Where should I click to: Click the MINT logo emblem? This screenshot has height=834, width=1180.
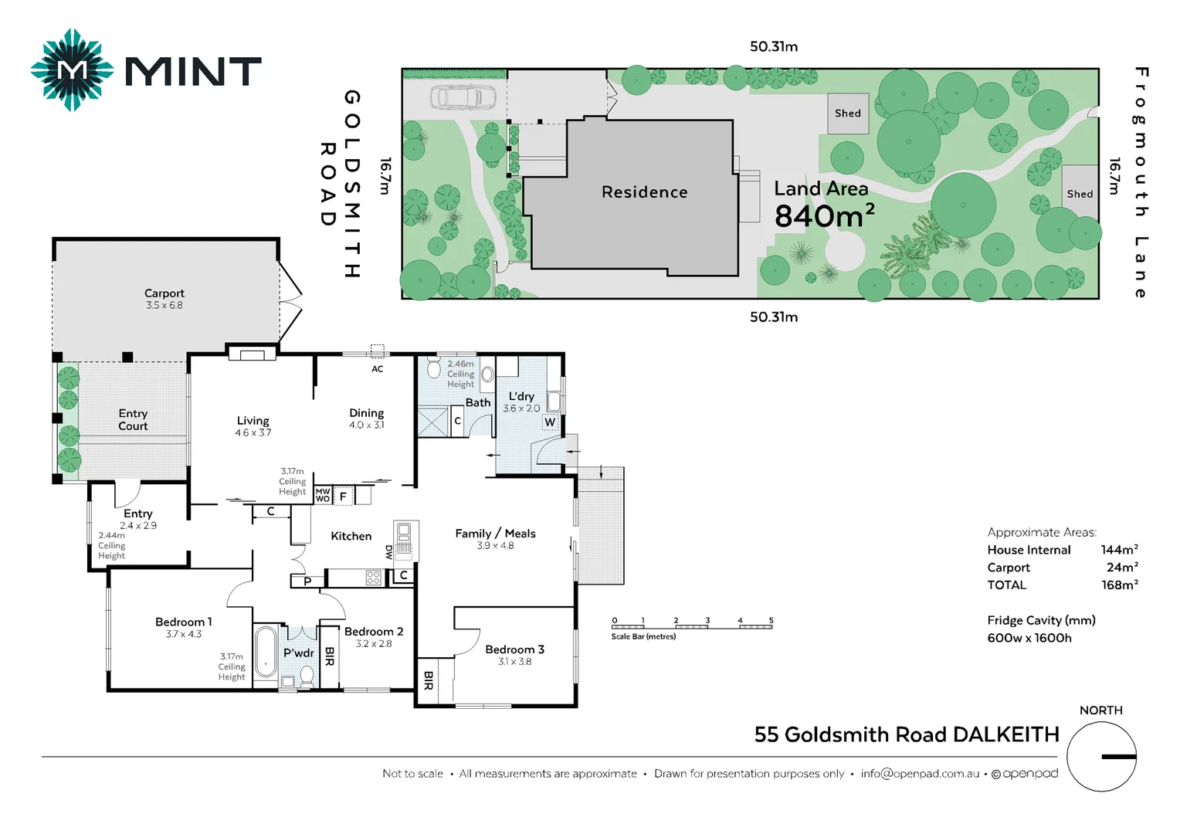[72, 70]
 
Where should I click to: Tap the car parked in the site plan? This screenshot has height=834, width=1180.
[463, 97]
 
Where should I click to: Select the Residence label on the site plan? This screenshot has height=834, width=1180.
[644, 192]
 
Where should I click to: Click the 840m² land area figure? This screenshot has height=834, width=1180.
[824, 216]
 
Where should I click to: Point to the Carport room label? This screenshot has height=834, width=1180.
[164, 293]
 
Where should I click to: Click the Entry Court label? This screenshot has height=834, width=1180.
[133, 420]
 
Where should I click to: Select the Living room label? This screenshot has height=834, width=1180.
[253, 421]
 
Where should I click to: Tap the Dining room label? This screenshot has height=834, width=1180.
[366, 413]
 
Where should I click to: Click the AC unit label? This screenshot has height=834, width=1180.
[377, 369]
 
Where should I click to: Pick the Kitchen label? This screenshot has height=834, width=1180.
[351, 536]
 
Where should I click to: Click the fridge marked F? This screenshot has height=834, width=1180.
[343, 497]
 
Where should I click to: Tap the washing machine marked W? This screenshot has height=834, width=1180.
[549, 422]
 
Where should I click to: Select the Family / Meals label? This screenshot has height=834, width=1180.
[495, 534]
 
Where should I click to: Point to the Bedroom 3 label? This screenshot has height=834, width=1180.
[514, 649]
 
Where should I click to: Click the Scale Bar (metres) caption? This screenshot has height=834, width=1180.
[643, 637]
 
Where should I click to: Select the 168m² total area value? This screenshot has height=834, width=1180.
[1119, 585]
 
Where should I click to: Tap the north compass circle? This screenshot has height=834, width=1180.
[1101, 757]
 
